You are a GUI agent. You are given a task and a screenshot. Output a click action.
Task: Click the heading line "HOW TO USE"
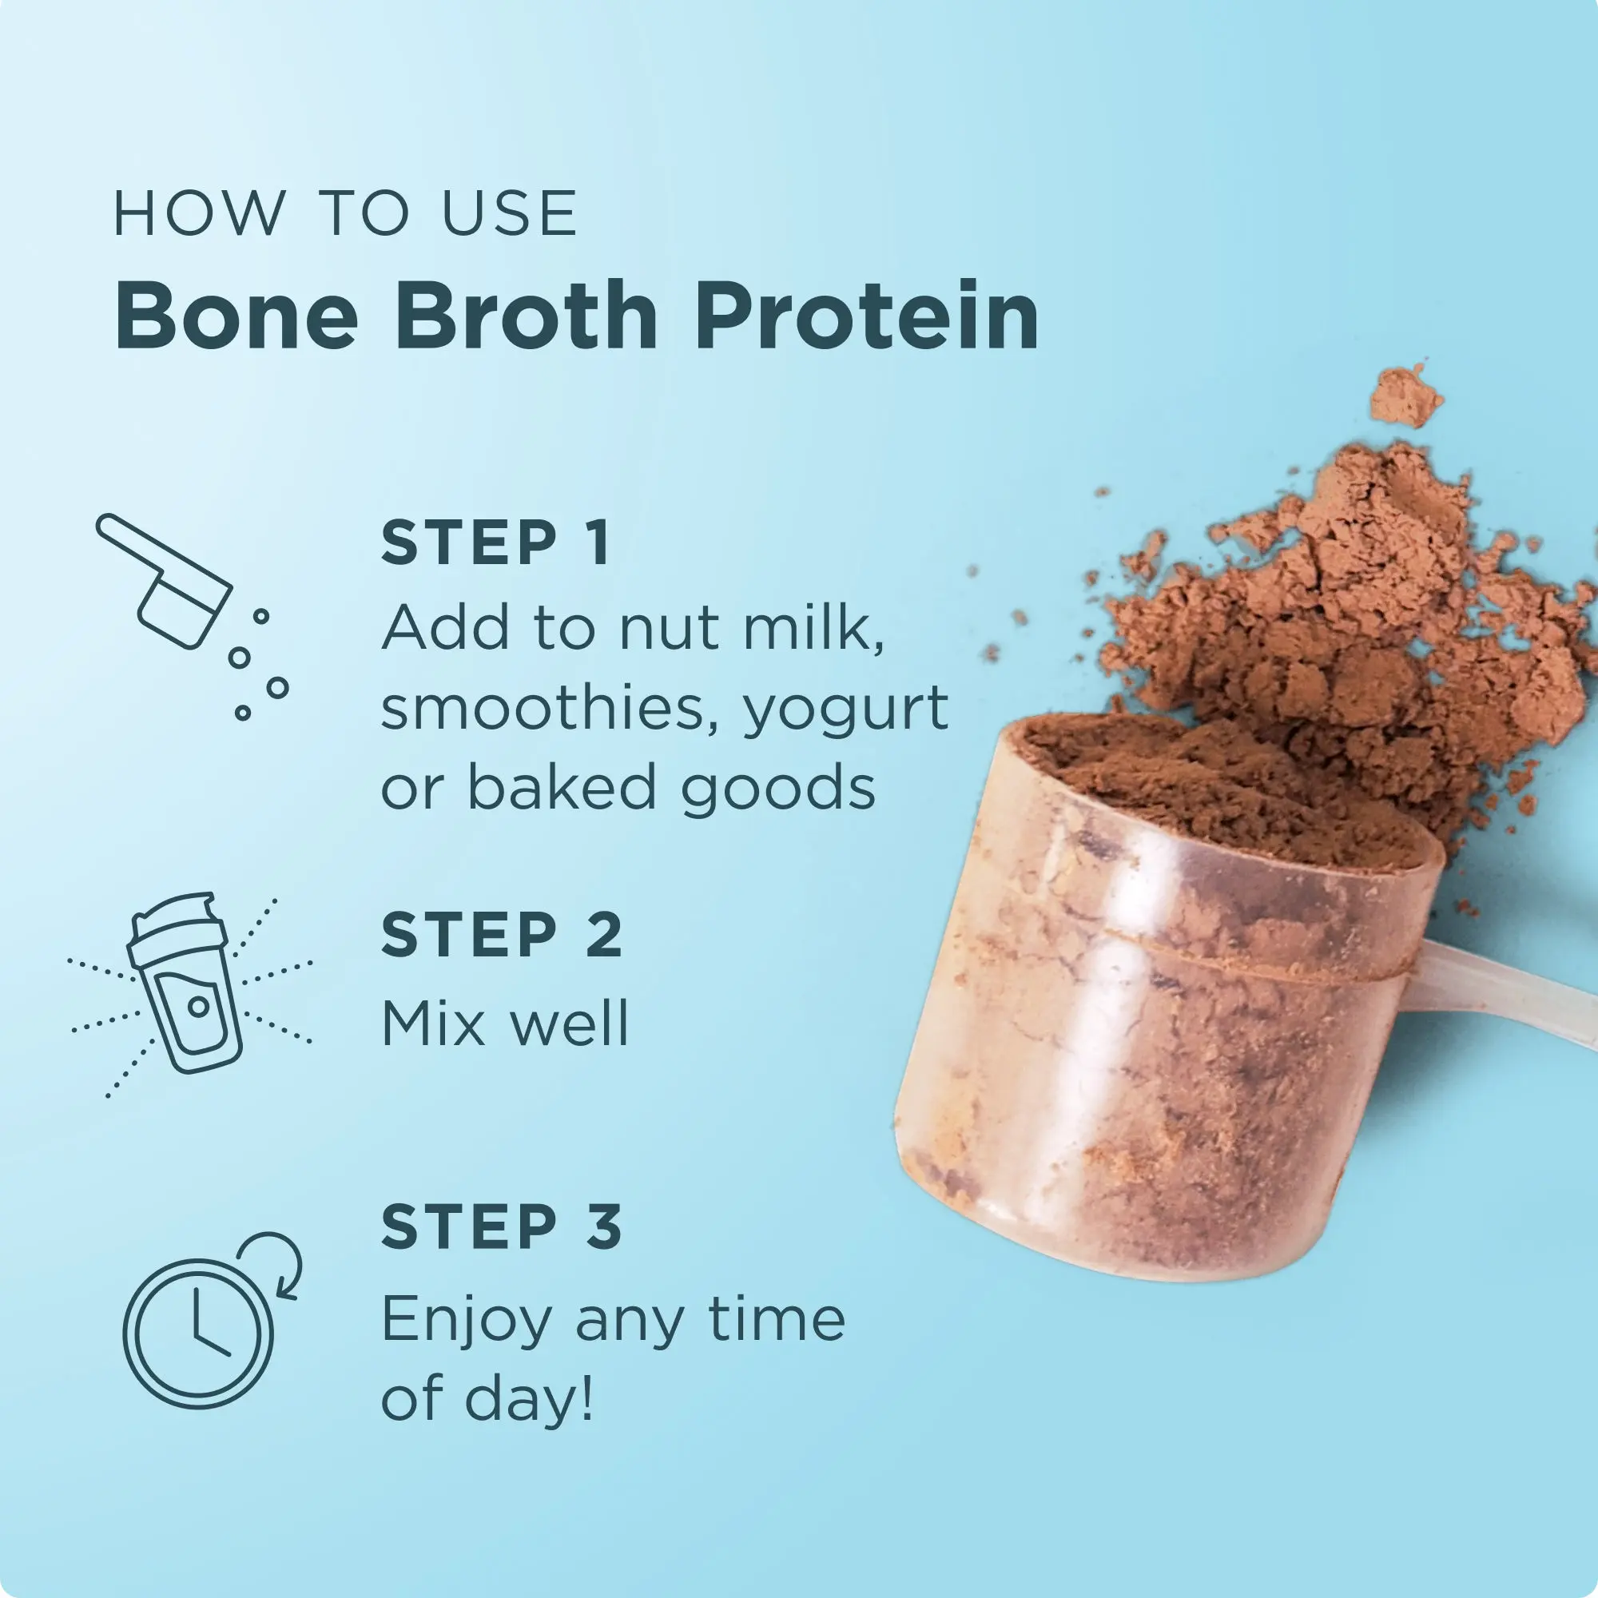click(x=345, y=213)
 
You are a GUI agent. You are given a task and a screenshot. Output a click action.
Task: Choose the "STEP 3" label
click(x=501, y=1227)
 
